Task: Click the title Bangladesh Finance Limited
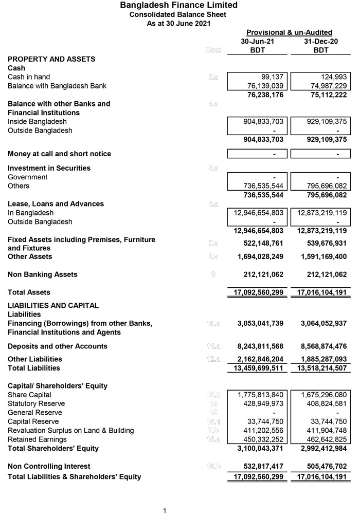178,5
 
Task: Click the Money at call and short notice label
59,154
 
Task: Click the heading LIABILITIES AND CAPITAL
53,305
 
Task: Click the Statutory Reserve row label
36,403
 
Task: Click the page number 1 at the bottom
165,511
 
